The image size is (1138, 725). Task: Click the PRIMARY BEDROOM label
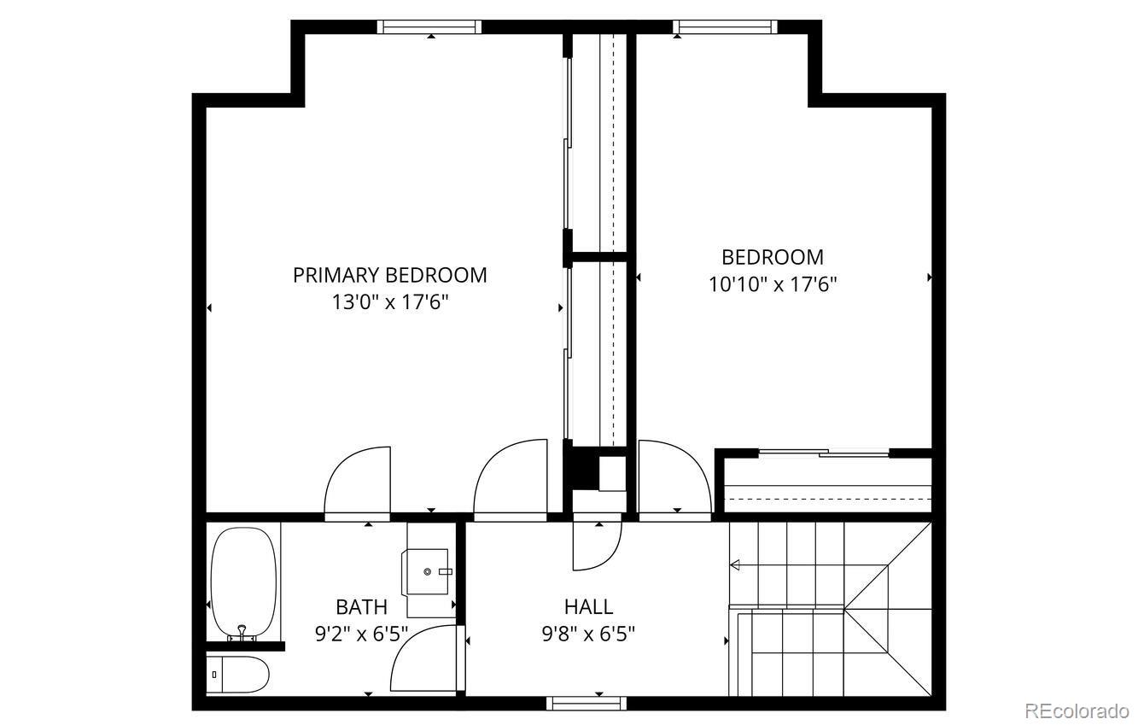[x=389, y=275]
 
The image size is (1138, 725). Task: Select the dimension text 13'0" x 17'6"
[x=389, y=301]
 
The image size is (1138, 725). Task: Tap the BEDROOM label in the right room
[x=773, y=257]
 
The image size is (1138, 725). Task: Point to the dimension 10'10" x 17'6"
[x=773, y=284]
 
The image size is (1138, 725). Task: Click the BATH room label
[x=361, y=607]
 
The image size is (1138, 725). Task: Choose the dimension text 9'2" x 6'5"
[x=361, y=634]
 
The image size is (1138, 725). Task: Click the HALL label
[x=588, y=607]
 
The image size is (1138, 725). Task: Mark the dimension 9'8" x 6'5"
[x=588, y=634]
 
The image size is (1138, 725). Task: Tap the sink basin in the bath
[x=432, y=571]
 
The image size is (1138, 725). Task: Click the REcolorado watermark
[x=1077, y=710]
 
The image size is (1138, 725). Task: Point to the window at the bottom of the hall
[x=586, y=704]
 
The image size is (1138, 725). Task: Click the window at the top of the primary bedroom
[x=429, y=26]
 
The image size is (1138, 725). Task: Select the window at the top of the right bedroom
[x=726, y=26]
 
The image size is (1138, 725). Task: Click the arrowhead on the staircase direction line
[x=734, y=564]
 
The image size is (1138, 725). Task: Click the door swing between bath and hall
[x=423, y=658]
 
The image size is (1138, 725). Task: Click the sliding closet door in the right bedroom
[x=824, y=453]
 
